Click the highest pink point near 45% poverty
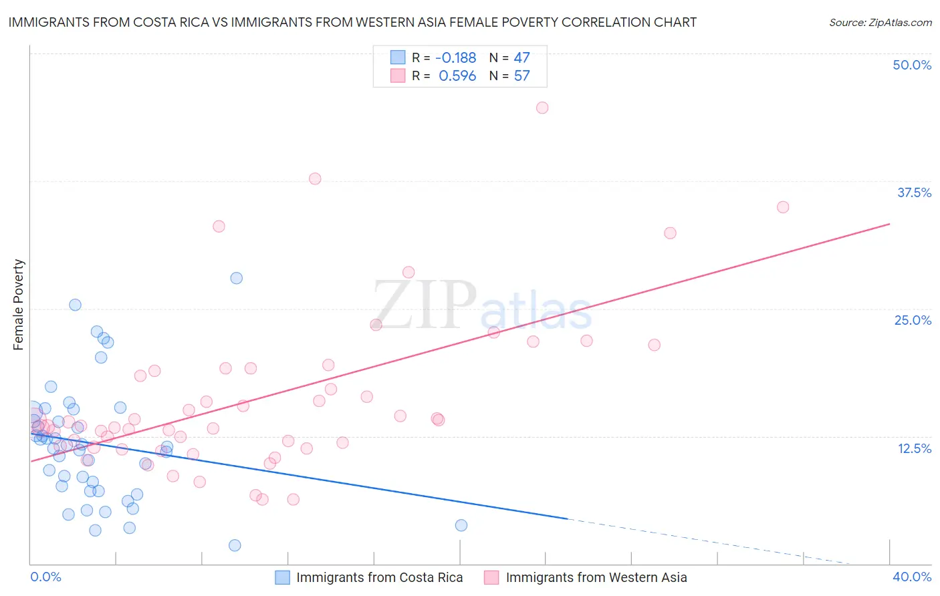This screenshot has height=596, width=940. [542, 108]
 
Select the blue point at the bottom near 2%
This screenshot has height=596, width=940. [235, 545]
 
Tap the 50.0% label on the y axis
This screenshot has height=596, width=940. [912, 65]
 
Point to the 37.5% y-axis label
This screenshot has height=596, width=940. [914, 192]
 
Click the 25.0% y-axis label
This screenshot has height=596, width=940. [913, 320]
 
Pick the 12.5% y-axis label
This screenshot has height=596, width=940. [914, 448]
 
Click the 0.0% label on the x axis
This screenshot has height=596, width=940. [45, 577]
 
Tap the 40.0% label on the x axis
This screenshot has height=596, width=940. [912, 577]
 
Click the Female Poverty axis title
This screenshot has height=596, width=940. [18, 305]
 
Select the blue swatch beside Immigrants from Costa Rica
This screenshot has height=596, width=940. [283, 577]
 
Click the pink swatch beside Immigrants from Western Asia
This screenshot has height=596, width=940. [491, 577]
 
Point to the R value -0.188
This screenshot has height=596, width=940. [455, 58]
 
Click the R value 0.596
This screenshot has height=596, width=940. [457, 76]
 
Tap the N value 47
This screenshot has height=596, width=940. [521, 58]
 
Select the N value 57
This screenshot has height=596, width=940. [521, 76]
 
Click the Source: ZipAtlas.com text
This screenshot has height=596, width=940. [880, 23]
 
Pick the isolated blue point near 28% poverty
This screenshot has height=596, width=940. [236, 278]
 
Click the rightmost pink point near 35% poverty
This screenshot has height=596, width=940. [783, 207]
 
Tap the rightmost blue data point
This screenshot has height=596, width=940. [461, 525]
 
